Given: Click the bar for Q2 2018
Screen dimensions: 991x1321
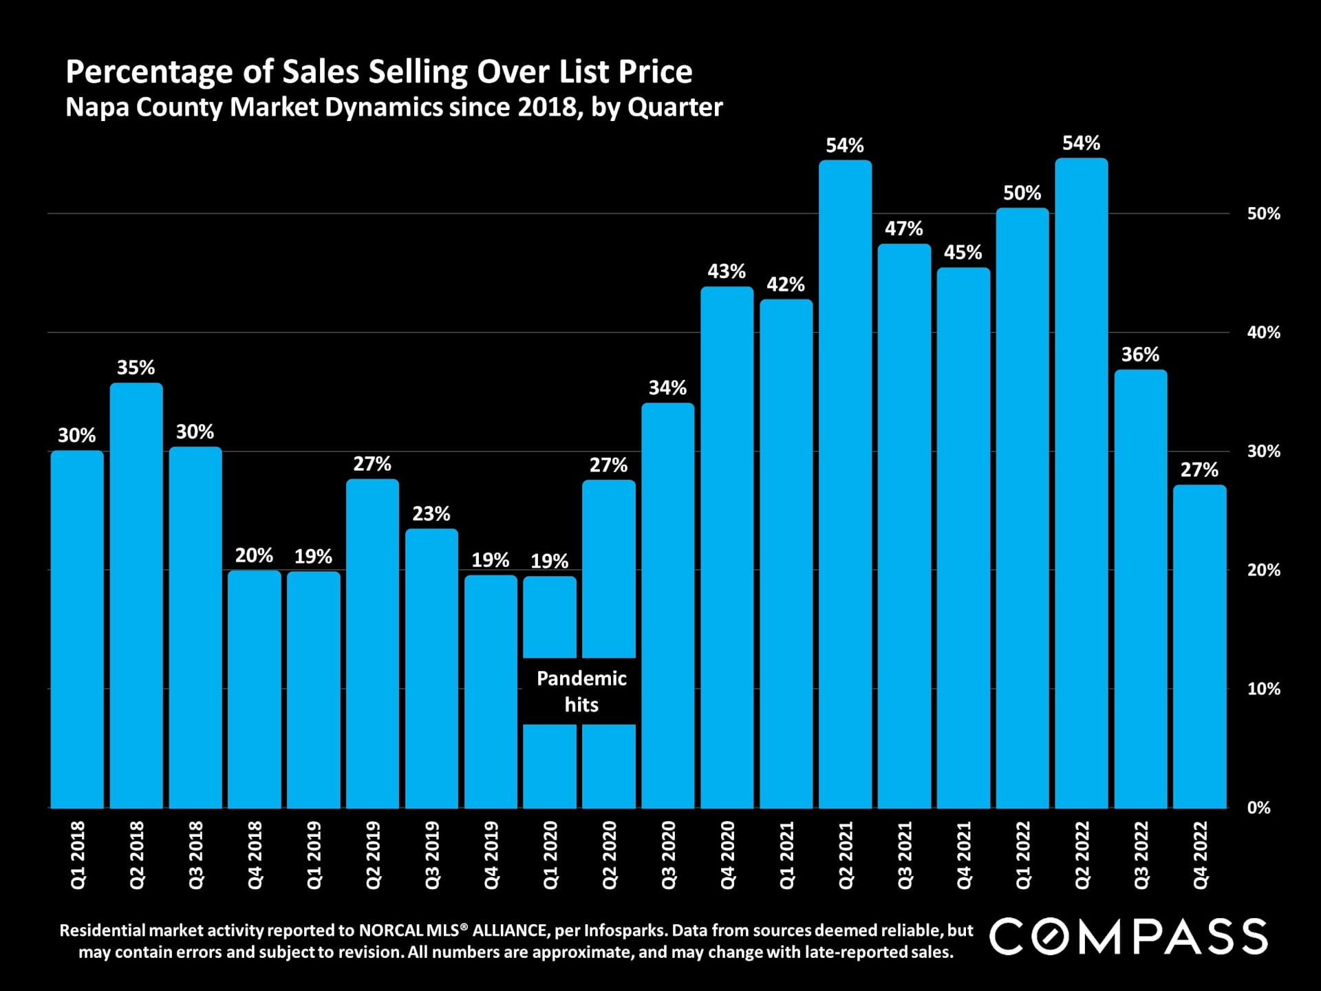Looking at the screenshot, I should pyautogui.click(x=136, y=595).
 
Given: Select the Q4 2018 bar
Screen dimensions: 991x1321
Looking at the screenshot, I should pyautogui.click(x=255, y=688).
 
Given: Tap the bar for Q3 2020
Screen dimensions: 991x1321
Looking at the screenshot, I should pyautogui.click(x=668, y=606).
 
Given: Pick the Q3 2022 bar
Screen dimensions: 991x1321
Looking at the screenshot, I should pyautogui.click(x=1141, y=588).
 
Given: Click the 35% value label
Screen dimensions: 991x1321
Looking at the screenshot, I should pyautogui.click(x=136, y=367).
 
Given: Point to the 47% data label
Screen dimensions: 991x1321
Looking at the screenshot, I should pyautogui.click(x=904, y=228).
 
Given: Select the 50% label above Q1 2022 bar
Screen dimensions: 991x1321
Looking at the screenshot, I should pyautogui.click(x=1022, y=193).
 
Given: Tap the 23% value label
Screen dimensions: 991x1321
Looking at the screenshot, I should pyautogui.click(x=431, y=513).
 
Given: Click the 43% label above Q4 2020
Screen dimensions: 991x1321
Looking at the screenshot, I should pyautogui.click(x=727, y=271).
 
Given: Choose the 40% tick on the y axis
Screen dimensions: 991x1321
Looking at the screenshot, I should pyautogui.click(x=1264, y=332).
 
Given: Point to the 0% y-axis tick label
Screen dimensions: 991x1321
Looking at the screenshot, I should pyautogui.click(x=1259, y=808).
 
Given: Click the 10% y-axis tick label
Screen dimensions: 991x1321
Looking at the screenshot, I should pyautogui.click(x=1264, y=689).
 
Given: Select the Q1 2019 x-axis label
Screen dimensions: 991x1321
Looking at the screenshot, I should pyautogui.click(x=314, y=855).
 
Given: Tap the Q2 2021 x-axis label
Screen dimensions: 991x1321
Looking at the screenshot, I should pyautogui.click(x=846, y=855).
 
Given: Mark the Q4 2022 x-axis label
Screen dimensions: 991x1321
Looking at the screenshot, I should pyautogui.click(x=1200, y=855).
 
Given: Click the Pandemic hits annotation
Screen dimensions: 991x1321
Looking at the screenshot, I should pyautogui.click(x=581, y=691).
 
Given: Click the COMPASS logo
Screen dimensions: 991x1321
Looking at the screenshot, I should pyautogui.click(x=1128, y=937).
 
